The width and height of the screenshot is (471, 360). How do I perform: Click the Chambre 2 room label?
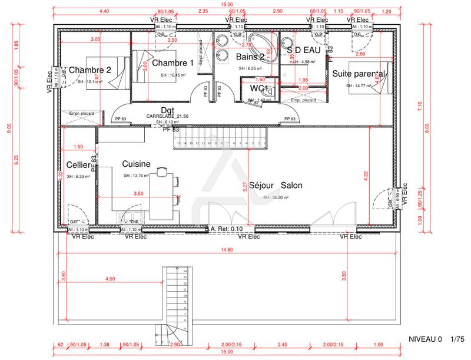(90, 70)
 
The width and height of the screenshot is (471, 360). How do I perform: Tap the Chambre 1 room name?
(173, 63)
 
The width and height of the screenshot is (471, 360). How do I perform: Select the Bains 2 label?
(250, 57)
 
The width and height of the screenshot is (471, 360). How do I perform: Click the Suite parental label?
(359, 74)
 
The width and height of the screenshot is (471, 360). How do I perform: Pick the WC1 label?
(260, 88)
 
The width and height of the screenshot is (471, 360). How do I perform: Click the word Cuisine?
(137, 164)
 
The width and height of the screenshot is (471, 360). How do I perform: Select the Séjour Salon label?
(276, 185)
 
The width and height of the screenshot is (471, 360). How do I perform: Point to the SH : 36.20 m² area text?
(276, 198)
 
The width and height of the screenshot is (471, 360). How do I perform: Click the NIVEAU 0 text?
(424, 340)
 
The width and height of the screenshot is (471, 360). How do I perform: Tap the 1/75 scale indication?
(457, 340)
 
